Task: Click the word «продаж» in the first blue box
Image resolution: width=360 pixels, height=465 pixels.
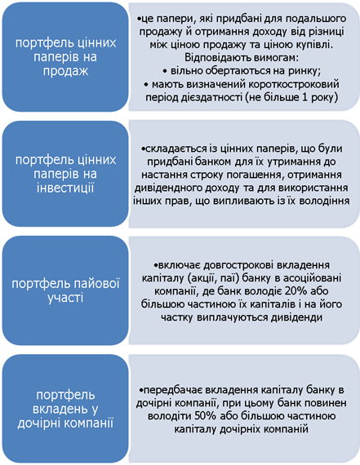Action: (x=65, y=71)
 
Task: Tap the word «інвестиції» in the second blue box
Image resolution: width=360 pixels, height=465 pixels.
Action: (x=65, y=188)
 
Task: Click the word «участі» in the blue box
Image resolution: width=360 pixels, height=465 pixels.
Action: (x=65, y=298)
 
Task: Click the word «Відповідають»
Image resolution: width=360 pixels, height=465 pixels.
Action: (x=219, y=58)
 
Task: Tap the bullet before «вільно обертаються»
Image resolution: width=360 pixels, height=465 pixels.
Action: (x=165, y=72)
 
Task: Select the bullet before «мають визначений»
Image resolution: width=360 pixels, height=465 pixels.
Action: (x=146, y=85)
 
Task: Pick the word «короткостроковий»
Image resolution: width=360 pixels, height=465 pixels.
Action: (x=294, y=85)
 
